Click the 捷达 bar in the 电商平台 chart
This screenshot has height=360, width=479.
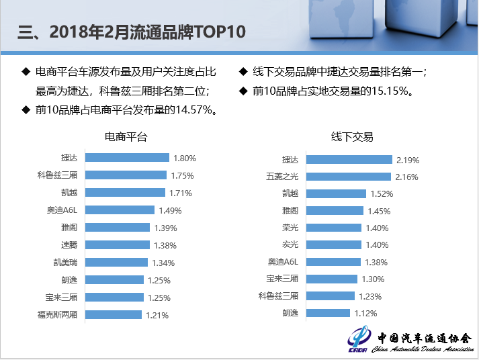128,158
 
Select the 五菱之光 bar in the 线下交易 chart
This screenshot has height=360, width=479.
347,177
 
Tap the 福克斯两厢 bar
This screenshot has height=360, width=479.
114,314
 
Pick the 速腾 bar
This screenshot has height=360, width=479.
118,245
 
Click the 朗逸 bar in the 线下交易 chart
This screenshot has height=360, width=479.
326,313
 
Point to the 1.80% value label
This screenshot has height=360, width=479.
184,159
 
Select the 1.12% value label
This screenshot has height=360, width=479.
365,313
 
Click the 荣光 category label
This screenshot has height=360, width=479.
290,228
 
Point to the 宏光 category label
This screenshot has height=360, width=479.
290,244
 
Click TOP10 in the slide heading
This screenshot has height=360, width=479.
219,32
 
